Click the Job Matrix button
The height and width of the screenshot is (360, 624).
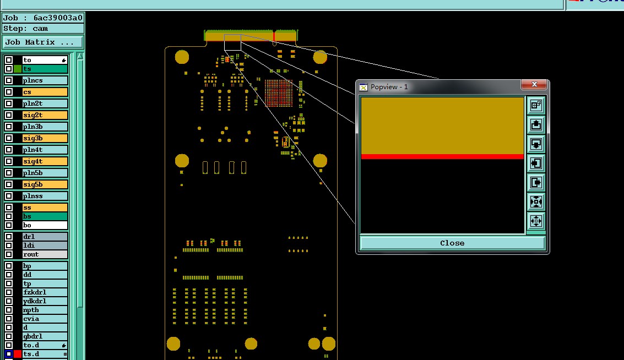click(42, 42)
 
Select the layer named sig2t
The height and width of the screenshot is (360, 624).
click(45, 115)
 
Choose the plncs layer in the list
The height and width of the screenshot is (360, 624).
click(45, 80)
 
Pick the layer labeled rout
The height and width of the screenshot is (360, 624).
click(45, 254)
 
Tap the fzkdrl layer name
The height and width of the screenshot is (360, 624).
click(45, 292)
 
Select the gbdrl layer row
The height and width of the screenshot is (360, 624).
click(45, 336)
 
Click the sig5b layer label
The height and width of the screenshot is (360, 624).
click(45, 184)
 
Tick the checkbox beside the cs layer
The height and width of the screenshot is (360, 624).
click(9, 92)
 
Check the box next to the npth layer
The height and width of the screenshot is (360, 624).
click(9, 310)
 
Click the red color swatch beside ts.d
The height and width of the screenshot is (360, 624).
click(18, 354)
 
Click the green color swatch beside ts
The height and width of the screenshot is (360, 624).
click(18, 69)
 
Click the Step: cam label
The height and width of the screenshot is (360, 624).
click(26, 29)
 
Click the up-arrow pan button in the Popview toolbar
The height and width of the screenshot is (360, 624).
click(536, 125)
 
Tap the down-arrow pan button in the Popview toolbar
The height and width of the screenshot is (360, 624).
click(536, 144)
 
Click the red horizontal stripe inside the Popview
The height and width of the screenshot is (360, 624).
click(442, 157)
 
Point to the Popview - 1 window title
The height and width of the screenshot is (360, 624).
click(389, 87)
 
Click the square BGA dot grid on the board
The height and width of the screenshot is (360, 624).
click(279, 93)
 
